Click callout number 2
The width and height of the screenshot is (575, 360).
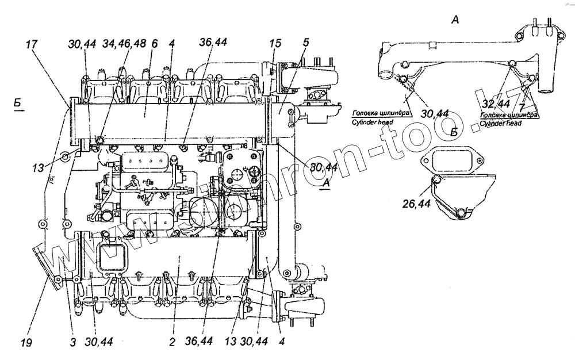click(171, 342)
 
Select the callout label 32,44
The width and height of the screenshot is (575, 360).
click(496, 103)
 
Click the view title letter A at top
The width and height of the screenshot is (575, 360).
click(455, 21)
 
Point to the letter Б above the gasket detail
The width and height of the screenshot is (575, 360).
click(454, 132)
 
